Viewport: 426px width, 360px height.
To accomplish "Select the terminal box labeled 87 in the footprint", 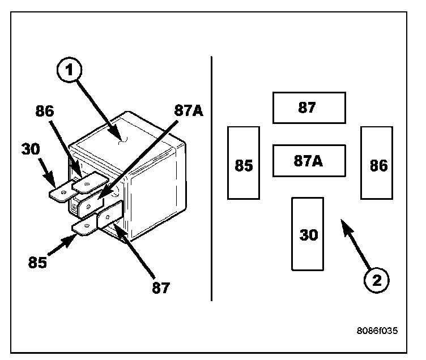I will [x=309, y=108].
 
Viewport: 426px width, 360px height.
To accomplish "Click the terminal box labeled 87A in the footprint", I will [x=309, y=161].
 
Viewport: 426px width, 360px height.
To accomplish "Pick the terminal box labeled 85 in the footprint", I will [x=244, y=163].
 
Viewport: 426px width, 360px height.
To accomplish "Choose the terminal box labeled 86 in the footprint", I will [x=377, y=163].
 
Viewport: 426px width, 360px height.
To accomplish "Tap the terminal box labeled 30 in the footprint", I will [x=308, y=234].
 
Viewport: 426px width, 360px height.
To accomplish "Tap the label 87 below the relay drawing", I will [x=161, y=288].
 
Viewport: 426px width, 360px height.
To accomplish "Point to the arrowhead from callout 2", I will [x=342, y=223].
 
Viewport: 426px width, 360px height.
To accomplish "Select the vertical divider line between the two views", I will [x=211, y=178].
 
